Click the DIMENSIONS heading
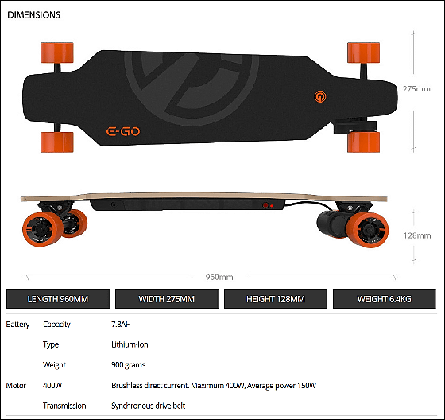pos(33,15)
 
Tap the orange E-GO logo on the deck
pos(123,131)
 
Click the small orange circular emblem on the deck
pos(320,96)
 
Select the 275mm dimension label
pos(416,89)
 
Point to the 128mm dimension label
pos(417,235)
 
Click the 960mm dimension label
pos(219,277)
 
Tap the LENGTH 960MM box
pos(58,298)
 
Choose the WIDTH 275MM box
pos(167,298)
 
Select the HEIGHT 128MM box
pos(276,298)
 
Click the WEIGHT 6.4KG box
pos(385,298)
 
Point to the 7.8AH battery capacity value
pos(121,325)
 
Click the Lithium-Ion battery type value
pos(130,344)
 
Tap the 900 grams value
pos(128,365)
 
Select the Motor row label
pos(16,386)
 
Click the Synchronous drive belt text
pos(148,406)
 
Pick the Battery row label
pos(17,325)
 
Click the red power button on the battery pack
pos(265,205)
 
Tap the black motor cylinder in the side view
pos(331,224)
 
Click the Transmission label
pos(64,406)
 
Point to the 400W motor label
pos(52,386)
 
